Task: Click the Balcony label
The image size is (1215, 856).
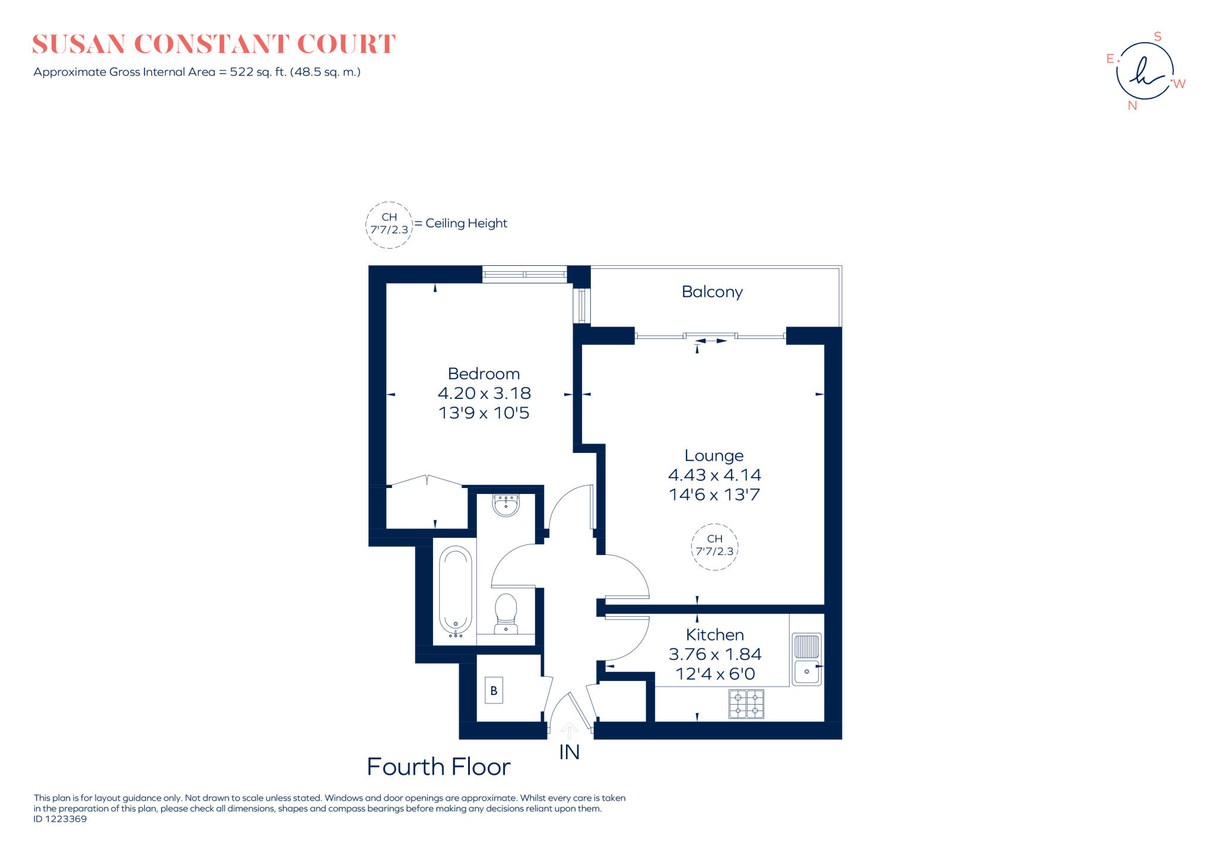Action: coord(712,292)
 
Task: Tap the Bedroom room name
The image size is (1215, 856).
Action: coord(484,374)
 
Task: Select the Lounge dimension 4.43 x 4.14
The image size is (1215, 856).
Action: coord(714,475)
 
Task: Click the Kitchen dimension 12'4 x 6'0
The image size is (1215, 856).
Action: coord(715,674)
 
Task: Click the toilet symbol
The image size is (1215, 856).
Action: coord(505,613)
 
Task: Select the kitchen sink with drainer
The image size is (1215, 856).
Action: coord(807,659)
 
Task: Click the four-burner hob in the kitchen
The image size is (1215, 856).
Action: coord(746,703)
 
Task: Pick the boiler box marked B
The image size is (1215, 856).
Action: coord(494,690)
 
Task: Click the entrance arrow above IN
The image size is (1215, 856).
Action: coord(570,730)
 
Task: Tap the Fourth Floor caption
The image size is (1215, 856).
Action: coord(438,767)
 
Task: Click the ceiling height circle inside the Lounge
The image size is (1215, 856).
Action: coord(714,547)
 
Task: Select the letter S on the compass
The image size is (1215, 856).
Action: coord(1157,37)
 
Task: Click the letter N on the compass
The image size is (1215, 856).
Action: coord(1133,106)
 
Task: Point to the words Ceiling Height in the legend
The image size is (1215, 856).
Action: coord(466,223)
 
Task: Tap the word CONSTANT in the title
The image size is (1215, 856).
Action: coord(211,45)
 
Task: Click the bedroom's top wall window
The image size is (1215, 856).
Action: coord(524,274)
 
